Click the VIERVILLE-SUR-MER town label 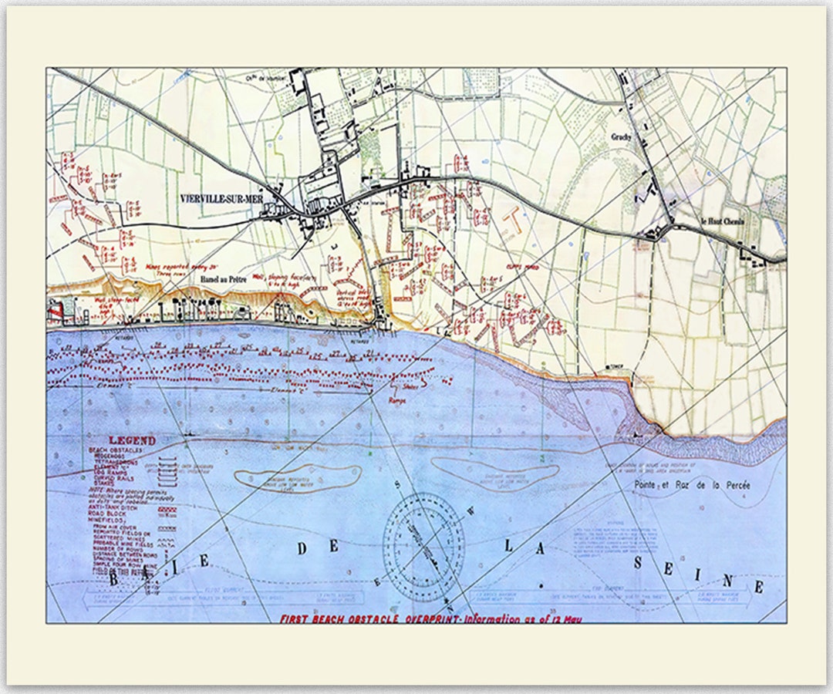point(221,197)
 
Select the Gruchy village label point(622,137)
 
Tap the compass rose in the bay point(424,547)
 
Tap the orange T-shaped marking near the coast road point(511,221)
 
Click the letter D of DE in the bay point(303,547)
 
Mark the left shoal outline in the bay point(298,477)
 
